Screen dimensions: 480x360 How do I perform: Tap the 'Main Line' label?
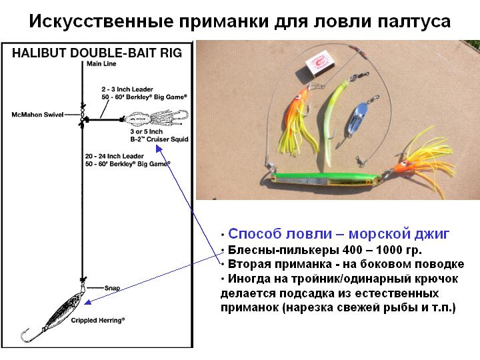(x=101, y=64)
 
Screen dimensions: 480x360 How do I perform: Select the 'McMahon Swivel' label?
(x=37, y=115)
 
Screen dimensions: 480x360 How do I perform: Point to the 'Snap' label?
(x=112, y=288)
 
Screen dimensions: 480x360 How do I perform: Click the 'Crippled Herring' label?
(x=98, y=320)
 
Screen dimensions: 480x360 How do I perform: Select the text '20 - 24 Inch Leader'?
(x=115, y=156)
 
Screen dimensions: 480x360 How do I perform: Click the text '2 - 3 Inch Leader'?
(x=127, y=89)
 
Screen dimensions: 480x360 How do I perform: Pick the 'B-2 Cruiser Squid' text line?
(x=159, y=139)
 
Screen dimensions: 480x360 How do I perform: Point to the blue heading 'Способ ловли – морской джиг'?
(x=339, y=234)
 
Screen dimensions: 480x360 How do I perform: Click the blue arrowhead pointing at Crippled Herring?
(x=87, y=303)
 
